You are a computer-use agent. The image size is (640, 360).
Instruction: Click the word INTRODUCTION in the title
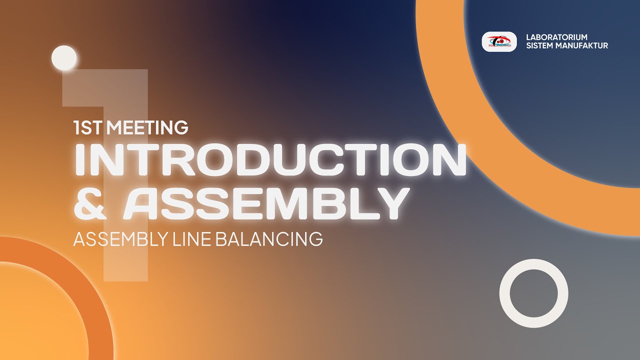click(x=270, y=160)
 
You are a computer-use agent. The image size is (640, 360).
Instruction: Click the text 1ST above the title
click(x=88, y=128)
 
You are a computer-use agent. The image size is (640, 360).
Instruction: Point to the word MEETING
click(x=147, y=128)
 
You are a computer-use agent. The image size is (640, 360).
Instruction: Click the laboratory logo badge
click(x=499, y=42)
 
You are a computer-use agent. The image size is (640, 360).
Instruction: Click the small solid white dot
click(x=64, y=57)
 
